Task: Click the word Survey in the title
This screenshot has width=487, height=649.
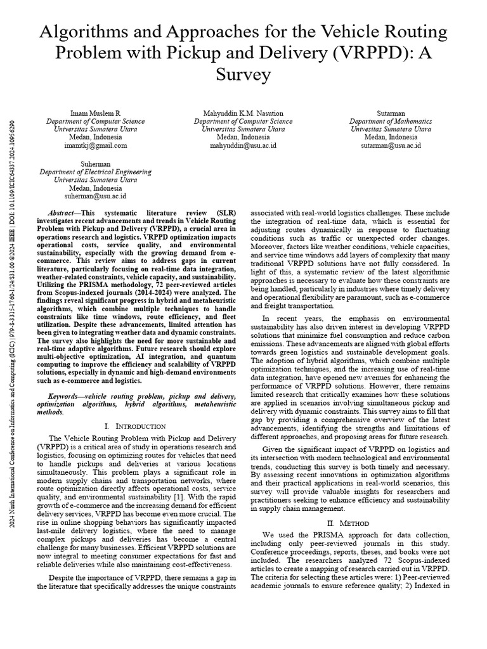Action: click(243, 75)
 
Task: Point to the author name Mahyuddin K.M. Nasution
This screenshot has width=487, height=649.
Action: click(243, 113)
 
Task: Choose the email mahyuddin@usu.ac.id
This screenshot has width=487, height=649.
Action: click(243, 145)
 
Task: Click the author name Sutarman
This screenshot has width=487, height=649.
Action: click(391, 113)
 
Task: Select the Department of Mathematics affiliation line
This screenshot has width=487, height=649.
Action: click(391, 121)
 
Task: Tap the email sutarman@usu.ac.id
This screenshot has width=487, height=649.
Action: click(391, 145)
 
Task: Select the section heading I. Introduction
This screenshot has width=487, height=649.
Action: click(134, 426)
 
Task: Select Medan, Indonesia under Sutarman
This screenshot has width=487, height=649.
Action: click(391, 137)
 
